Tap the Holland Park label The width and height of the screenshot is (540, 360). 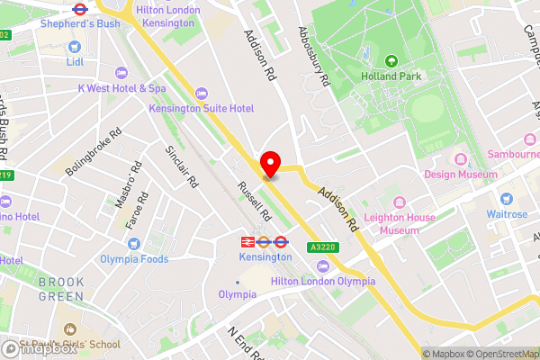click(x=391, y=77)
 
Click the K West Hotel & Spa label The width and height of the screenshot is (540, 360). click(x=121, y=88)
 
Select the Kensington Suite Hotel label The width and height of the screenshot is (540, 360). click(x=202, y=108)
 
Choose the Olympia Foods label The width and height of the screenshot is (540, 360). click(x=135, y=259)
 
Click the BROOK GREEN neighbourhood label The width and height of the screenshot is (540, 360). click(x=61, y=288)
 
